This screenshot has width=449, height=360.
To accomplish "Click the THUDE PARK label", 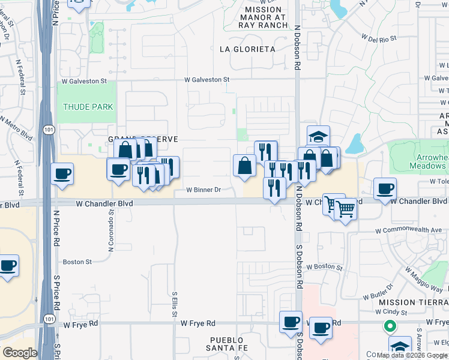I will [x=88, y=107].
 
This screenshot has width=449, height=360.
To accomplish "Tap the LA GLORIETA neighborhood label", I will [x=247, y=49].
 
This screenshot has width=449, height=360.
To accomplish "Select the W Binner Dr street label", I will [x=203, y=190].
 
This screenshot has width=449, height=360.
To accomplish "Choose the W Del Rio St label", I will [x=379, y=38].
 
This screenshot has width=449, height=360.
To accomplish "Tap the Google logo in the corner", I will [x=20, y=352].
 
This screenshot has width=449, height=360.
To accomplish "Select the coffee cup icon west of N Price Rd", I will [x=62, y=175].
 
